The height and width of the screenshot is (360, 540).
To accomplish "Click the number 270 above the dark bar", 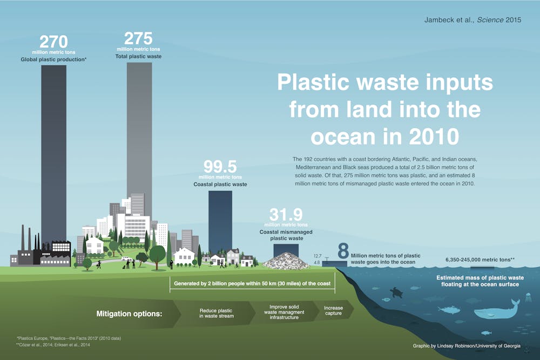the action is point(53,42).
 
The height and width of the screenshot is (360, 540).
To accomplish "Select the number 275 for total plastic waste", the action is point(138,38).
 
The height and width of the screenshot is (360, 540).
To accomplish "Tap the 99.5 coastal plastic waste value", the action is point(220,167).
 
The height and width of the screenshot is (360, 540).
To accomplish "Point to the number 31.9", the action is point(286,215).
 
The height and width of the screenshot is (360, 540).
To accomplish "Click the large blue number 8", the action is point(343,251).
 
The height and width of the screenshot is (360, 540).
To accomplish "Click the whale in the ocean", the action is point(497,310).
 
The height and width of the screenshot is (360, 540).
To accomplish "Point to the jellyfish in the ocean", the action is point(529,297).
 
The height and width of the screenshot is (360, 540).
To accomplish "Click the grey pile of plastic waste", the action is point(286,261).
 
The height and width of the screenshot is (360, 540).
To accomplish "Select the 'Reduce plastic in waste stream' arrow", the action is point(217,313).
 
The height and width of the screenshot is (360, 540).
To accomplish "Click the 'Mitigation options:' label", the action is point(129,314).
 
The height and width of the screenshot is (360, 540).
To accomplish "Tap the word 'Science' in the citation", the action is point(490,20).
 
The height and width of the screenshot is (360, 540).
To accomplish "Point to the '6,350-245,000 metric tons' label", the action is point(480,260).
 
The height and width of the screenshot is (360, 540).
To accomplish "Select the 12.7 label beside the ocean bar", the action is point(318,256).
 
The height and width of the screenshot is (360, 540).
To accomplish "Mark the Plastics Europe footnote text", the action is point(69,338).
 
